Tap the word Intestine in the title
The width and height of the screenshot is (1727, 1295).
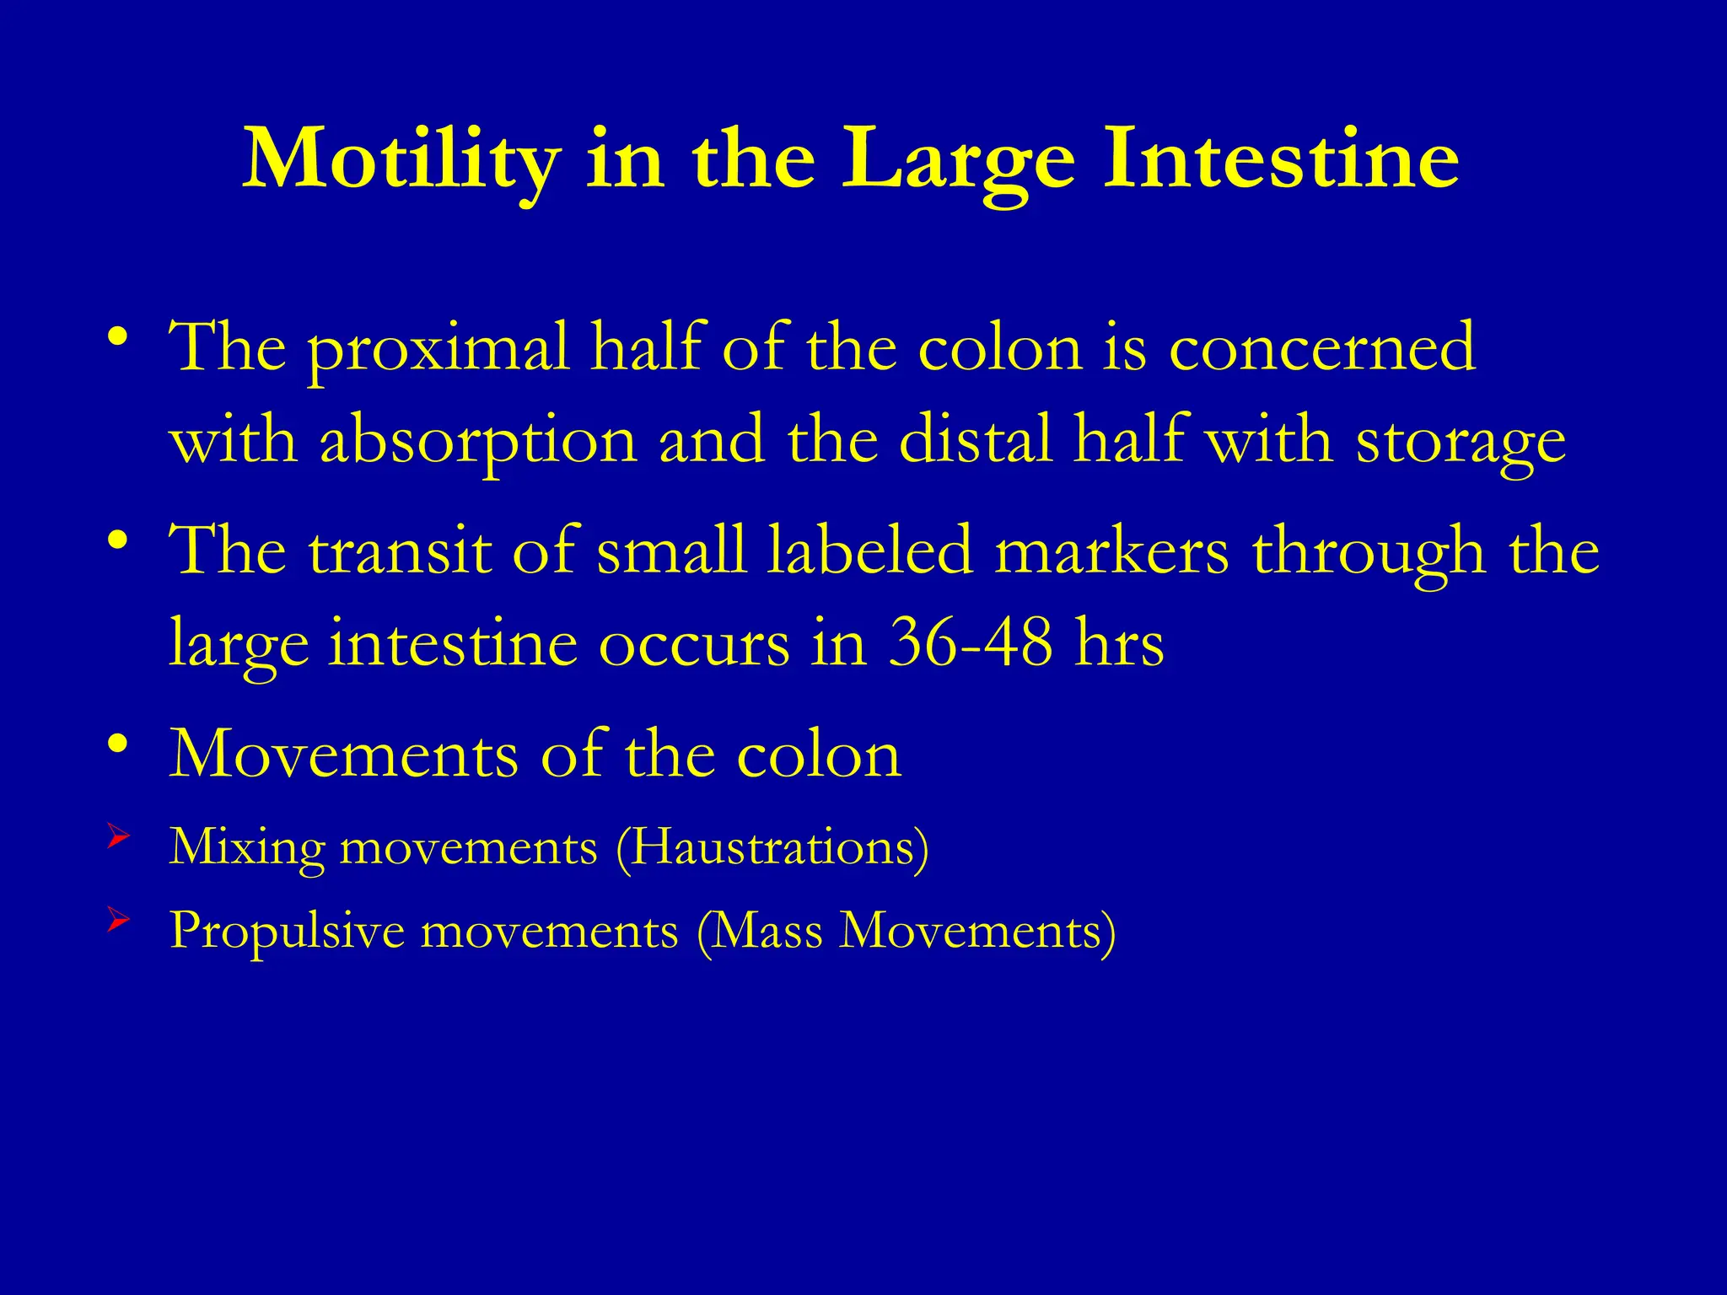[1281, 159]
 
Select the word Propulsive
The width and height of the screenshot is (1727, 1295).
[287, 932]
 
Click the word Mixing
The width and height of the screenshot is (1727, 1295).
[246, 848]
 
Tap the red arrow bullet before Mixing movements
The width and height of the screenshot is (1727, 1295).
[118, 837]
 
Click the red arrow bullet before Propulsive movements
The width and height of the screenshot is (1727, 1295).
[118, 922]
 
